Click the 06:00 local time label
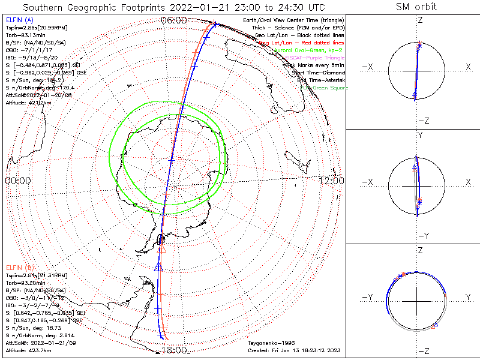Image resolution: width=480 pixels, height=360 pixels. [x=174, y=20]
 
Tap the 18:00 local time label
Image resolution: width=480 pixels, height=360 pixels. [x=174, y=350]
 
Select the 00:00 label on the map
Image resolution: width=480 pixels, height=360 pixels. [x=18, y=181]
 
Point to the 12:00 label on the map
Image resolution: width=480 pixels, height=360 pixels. [x=331, y=181]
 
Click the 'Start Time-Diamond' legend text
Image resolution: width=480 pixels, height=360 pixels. [x=316, y=73]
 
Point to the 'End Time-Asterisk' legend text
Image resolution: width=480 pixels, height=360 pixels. [x=318, y=80]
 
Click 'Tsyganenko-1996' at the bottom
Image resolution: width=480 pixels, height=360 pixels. [x=272, y=343]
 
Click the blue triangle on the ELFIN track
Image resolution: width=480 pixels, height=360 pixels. [x=158, y=266]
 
